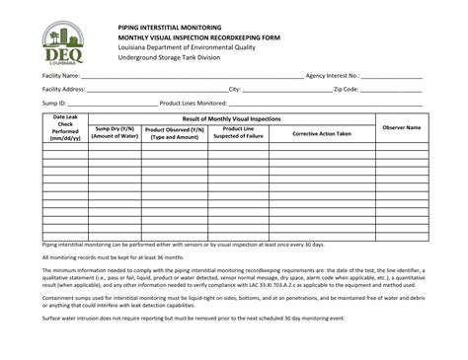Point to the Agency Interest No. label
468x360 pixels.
[334, 75]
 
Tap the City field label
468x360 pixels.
[235, 89]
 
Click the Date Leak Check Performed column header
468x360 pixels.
[65, 127]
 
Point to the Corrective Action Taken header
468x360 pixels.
[322, 132]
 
